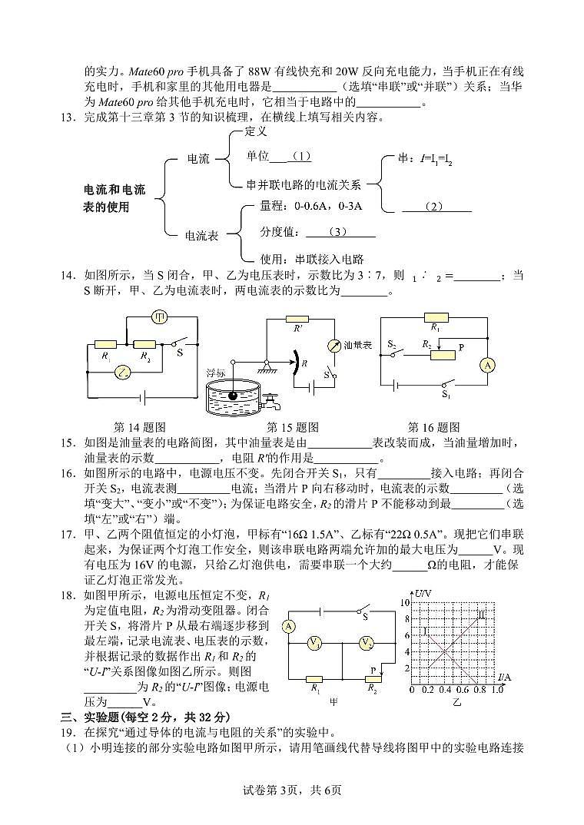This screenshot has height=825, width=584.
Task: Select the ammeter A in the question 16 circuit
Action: pos(486,366)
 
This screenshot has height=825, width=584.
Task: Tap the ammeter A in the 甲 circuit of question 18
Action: pos(289,626)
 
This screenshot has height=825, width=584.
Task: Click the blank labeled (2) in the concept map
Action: pos(436,206)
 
